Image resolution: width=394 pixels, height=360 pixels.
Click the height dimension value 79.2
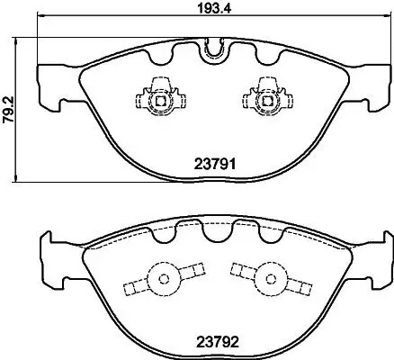8,109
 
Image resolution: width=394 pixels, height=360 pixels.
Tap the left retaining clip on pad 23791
159,98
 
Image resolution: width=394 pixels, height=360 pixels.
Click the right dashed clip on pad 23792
267,279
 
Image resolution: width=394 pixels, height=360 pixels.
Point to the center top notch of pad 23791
214,51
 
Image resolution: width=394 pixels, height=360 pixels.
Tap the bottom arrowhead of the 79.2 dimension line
21,179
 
